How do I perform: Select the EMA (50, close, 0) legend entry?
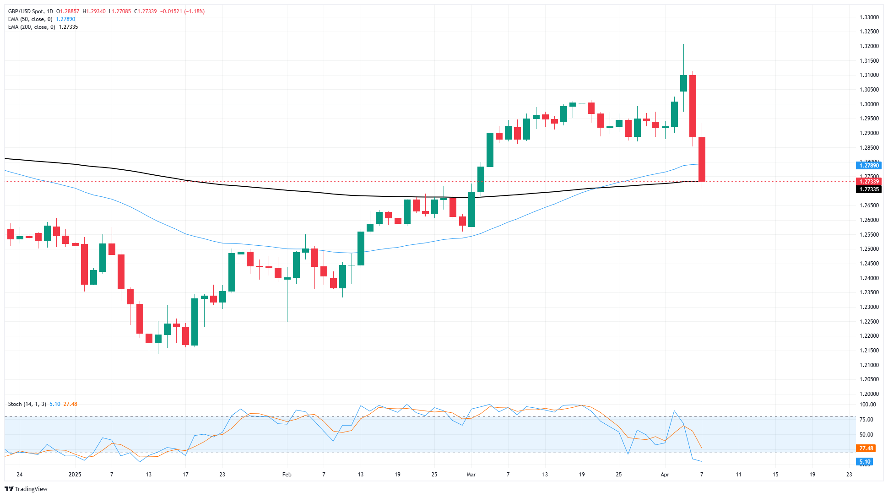tap(30, 19)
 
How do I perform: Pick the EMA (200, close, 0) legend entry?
tap(32, 27)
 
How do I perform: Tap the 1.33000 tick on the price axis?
tap(869, 17)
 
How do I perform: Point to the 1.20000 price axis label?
tap(869, 394)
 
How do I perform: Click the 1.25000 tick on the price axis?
tap(869, 249)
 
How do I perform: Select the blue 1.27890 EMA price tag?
tap(868, 165)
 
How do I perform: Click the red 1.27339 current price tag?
tap(868, 182)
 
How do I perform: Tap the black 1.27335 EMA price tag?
tap(868, 189)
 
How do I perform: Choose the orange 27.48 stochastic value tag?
tap(866, 448)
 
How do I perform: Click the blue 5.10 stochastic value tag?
tap(865, 462)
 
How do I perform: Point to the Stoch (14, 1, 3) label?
tap(27, 404)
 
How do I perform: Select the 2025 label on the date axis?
tap(75, 475)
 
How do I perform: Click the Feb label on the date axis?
tap(287, 475)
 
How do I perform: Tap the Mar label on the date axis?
tap(471, 475)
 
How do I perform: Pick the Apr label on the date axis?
tap(665, 475)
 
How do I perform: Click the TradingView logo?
tap(26, 489)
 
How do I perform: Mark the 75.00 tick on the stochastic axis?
tap(866, 420)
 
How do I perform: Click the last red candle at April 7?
tap(702, 159)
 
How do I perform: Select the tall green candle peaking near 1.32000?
tap(683, 83)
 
